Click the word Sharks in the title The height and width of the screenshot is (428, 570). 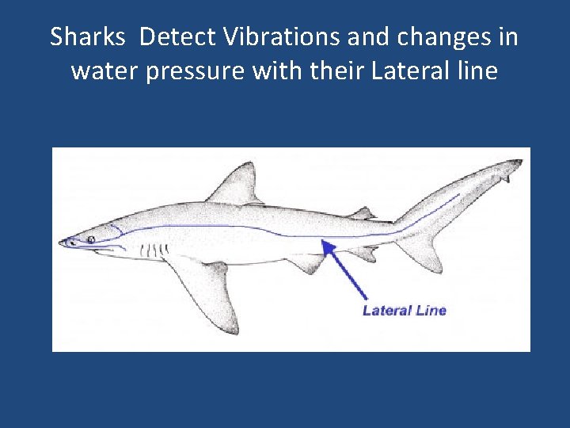[x=86, y=37]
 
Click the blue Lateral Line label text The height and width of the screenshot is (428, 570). [x=404, y=310]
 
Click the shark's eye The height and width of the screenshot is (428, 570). [x=92, y=239]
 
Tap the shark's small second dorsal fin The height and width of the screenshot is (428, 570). [x=363, y=212]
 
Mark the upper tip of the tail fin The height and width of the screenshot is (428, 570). [x=519, y=162]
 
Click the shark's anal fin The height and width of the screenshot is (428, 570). [x=365, y=252]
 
